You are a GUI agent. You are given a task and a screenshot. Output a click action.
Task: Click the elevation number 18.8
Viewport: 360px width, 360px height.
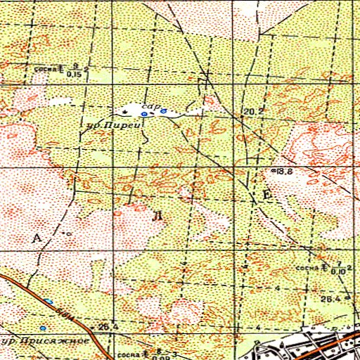284,171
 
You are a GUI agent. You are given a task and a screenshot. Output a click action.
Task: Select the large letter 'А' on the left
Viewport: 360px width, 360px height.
38,238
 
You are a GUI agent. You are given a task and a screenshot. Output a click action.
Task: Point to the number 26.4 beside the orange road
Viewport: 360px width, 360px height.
107,326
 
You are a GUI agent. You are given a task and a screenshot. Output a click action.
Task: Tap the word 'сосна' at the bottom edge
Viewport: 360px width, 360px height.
128,353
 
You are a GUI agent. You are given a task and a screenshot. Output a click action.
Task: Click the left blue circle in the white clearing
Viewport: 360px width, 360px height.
144,113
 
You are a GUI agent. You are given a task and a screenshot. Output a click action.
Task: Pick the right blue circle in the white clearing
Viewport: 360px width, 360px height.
163,110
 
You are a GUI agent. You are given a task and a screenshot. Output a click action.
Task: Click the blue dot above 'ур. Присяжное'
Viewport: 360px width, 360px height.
42,328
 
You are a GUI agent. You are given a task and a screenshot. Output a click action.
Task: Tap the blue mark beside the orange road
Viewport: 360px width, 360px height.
49,301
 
